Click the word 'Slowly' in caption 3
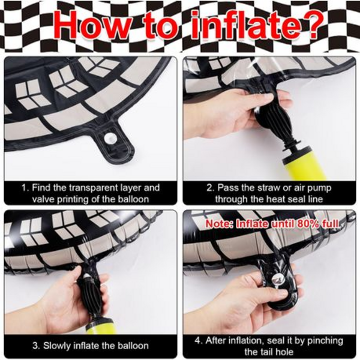click(58, 346)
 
